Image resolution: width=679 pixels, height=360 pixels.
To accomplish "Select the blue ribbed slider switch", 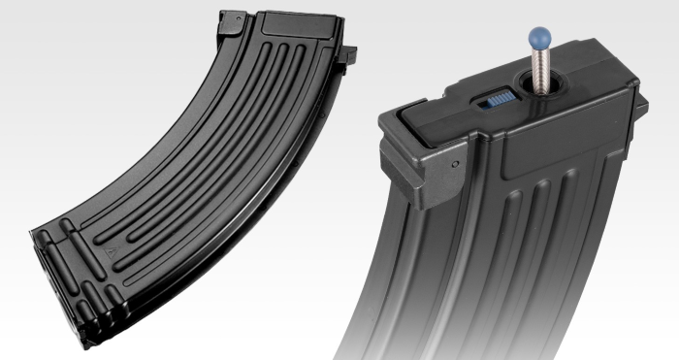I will (x=496, y=99).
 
